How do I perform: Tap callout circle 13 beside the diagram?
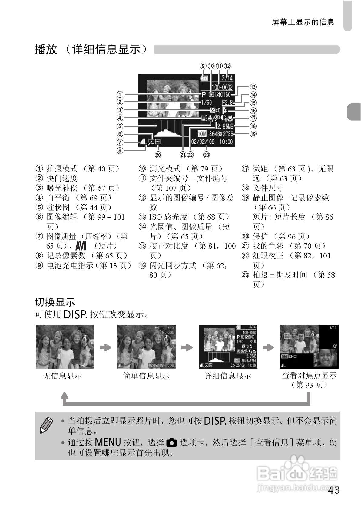pyautogui.click(x=253, y=87)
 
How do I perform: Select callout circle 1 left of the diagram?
pyautogui.click(x=120, y=94)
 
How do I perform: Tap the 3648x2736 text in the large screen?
pyautogui.click(x=221, y=134)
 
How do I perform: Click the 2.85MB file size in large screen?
pyautogui.click(x=225, y=126)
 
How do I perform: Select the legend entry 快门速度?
pyautogui.click(x=62, y=178)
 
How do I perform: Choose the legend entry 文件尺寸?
pyautogui.click(x=268, y=188)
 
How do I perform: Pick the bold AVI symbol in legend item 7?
pyautogui.click(x=81, y=246)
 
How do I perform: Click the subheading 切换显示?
pyautogui.click(x=55, y=302)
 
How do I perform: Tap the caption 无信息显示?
pyautogui.click(x=62, y=376)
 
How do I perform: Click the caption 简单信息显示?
pyautogui.click(x=146, y=376)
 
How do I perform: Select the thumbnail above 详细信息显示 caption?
pyautogui.click(x=228, y=347)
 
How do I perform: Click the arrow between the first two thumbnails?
pyautogui.click(x=106, y=347)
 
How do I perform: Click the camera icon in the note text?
pyautogui.click(x=172, y=443)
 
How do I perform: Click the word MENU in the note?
pyautogui.click(x=108, y=442)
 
